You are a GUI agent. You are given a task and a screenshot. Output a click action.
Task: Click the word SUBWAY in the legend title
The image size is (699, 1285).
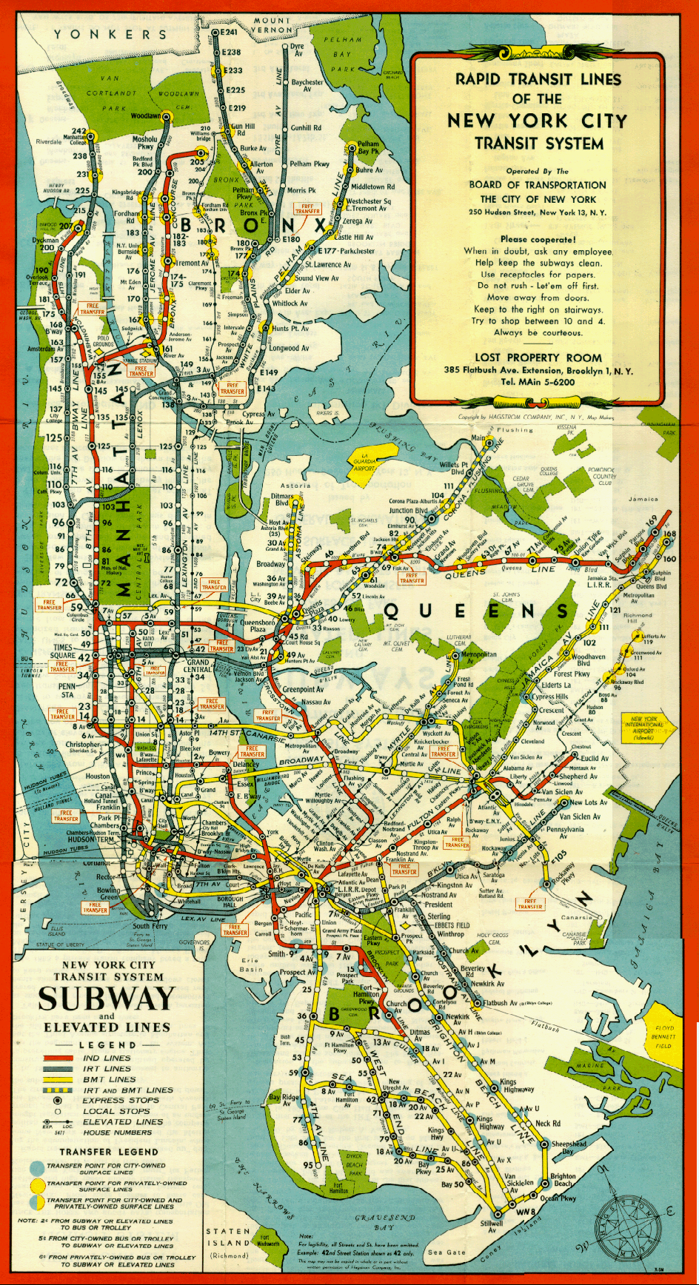click(107, 999)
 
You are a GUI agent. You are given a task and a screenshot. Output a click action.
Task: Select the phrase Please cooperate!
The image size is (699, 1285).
click(538, 239)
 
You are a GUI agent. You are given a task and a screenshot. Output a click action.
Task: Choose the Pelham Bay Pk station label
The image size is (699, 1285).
click(368, 147)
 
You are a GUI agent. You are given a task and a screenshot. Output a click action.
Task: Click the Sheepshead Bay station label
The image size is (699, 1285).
click(568, 1147)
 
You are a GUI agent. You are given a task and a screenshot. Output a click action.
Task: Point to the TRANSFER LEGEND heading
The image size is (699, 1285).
click(108, 1152)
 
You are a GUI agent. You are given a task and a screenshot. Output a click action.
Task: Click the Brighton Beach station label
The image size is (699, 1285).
click(563, 1180)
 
